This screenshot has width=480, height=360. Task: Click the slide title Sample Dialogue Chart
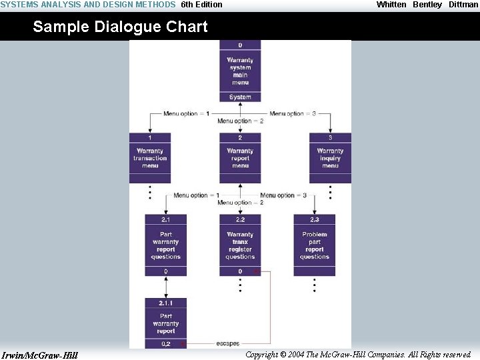(x=120, y=27)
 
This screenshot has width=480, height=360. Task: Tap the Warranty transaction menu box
(x=150, y=158)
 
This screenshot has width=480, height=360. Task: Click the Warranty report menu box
(x=240, y=158)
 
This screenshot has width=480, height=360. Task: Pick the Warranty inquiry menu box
(x=330, y=158)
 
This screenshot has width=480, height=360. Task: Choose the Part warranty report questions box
(x=166, y=245)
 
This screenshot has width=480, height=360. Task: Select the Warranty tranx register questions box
(x=240, y=245)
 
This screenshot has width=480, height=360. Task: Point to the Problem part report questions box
(x=315, y=245)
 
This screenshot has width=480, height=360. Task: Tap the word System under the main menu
(x=240, y=97)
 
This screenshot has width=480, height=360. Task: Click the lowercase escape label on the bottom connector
(x=228, y=343)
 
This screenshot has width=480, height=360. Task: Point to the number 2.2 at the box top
(x=240, y=219)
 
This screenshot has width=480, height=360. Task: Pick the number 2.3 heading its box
(x=315, y=219)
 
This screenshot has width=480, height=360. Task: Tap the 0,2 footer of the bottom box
(x=166, y=344)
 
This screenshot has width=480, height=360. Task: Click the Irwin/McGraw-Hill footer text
(x=40, y=355)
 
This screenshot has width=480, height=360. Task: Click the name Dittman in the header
(x=463, y=5)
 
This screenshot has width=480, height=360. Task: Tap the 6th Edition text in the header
(x=201, y=5)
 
